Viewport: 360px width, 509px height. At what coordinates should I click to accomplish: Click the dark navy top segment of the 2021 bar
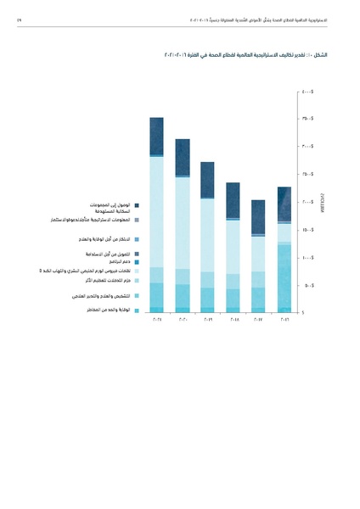pyautogui.click(x=156, y=136)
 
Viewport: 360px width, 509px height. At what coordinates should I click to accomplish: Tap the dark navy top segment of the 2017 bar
pyautogui.click(x=259, y=215)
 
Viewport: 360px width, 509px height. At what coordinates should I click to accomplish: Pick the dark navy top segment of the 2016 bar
pyautogui.click(x=284, y=204)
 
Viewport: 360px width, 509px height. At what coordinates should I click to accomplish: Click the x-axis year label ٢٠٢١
pyautogui.click(x=156, y=320)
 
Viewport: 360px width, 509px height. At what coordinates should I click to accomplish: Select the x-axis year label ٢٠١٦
pyautogui.click(x=284, y=320)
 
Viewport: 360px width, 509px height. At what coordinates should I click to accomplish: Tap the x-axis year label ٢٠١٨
pyautogui.click(x=233, y=320)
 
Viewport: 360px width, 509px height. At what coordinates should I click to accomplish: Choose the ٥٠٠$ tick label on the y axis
pyautogui.click(x=308, y=285)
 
